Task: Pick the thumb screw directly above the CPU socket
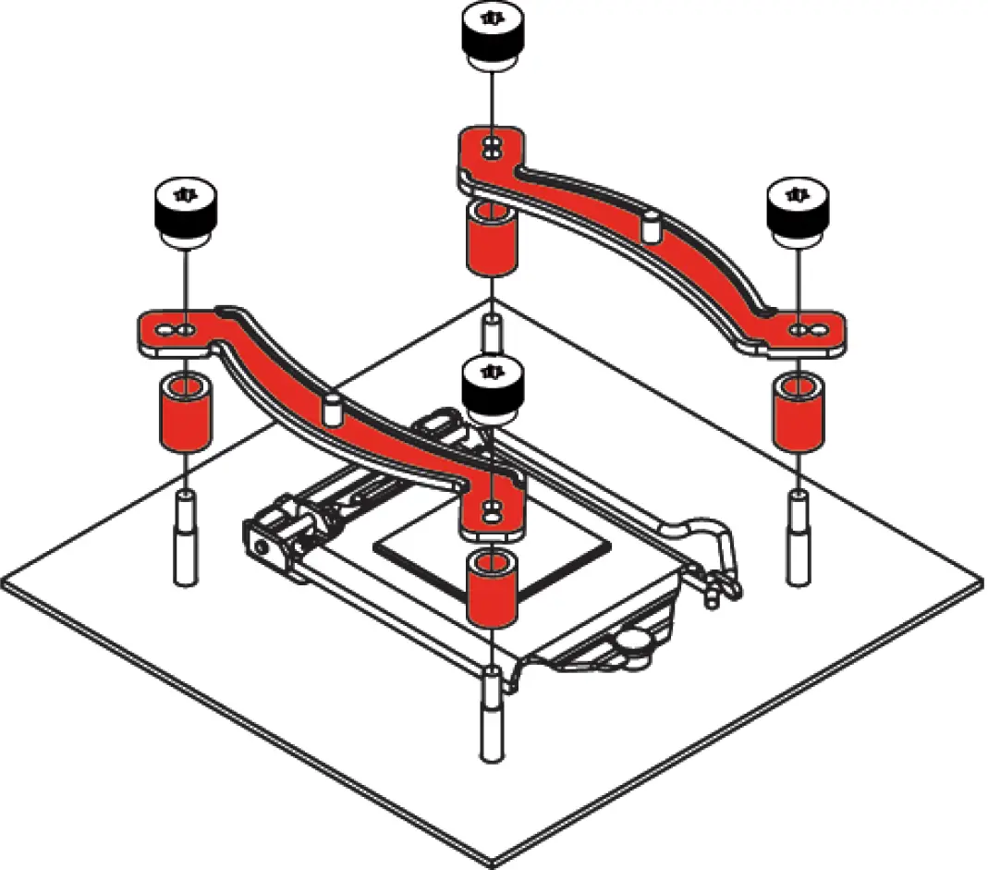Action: point(494,388)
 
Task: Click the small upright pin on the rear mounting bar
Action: point(651,224)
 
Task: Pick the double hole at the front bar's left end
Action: point(177,329)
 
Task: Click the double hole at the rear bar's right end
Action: point(807,328)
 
